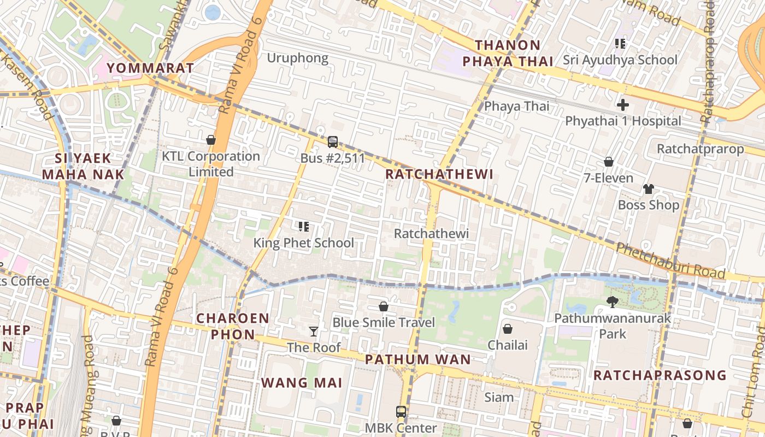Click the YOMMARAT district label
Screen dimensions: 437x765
150,68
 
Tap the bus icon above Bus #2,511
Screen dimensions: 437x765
332,142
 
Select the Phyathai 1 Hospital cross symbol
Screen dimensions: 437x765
622,105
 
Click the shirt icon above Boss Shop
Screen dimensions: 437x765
648,189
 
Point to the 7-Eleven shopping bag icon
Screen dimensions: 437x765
608,162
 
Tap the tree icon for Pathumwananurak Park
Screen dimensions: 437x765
612,302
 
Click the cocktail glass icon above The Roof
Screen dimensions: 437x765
314,331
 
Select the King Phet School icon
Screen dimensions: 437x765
304,226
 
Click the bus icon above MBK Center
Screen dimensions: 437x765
401,412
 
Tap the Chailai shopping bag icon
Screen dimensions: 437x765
508,328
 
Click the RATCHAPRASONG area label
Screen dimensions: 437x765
660,375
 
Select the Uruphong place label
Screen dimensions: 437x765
297,58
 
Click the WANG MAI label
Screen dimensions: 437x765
302,382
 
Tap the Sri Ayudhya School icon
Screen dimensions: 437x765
620,43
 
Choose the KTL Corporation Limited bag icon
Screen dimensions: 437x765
211,140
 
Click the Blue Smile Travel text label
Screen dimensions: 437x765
384,322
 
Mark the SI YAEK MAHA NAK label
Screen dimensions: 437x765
83,167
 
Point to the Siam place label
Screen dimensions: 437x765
499,397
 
